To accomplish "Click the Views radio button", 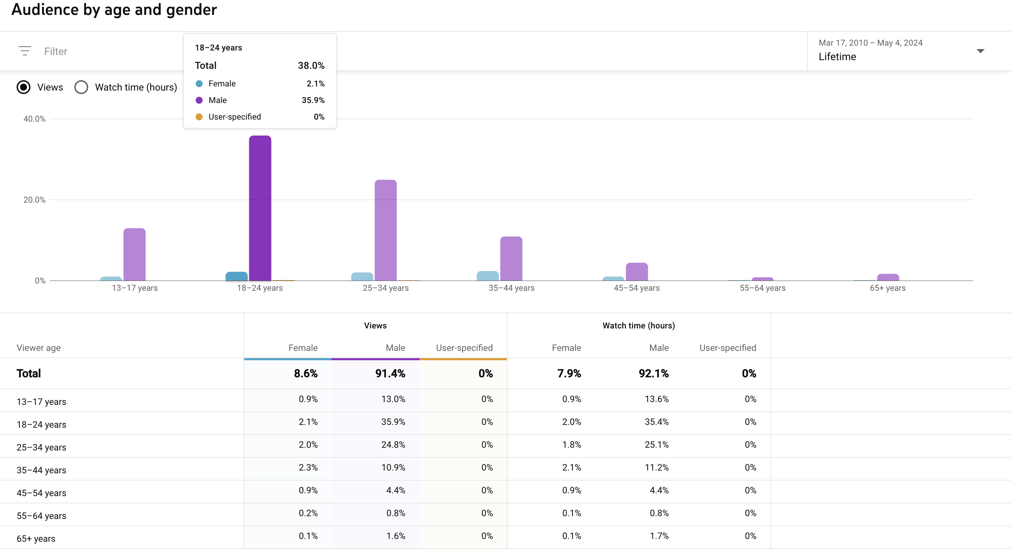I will coord(24,87).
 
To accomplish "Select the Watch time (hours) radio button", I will coord(81,87).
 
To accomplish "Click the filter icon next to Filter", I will coord(25,51).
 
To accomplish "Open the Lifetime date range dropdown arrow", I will coord(980,51).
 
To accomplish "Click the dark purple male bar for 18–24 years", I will coord(260,208).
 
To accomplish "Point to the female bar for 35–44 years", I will coord(488,276).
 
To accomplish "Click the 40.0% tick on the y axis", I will coord(34,119).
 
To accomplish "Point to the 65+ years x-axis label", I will coord(887,288).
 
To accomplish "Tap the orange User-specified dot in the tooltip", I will coord(199,117).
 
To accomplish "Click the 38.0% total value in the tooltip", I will coord(311,66).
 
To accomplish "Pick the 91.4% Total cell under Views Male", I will coord(390,373).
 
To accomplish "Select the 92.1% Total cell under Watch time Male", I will coord(653,373).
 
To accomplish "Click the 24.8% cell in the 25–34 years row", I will coord(393,445).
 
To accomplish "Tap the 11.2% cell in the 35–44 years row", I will coord(657,467).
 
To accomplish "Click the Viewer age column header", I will coord(38,348).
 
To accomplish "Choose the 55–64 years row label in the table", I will coord(41,516).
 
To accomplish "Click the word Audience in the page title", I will coord(45,9).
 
